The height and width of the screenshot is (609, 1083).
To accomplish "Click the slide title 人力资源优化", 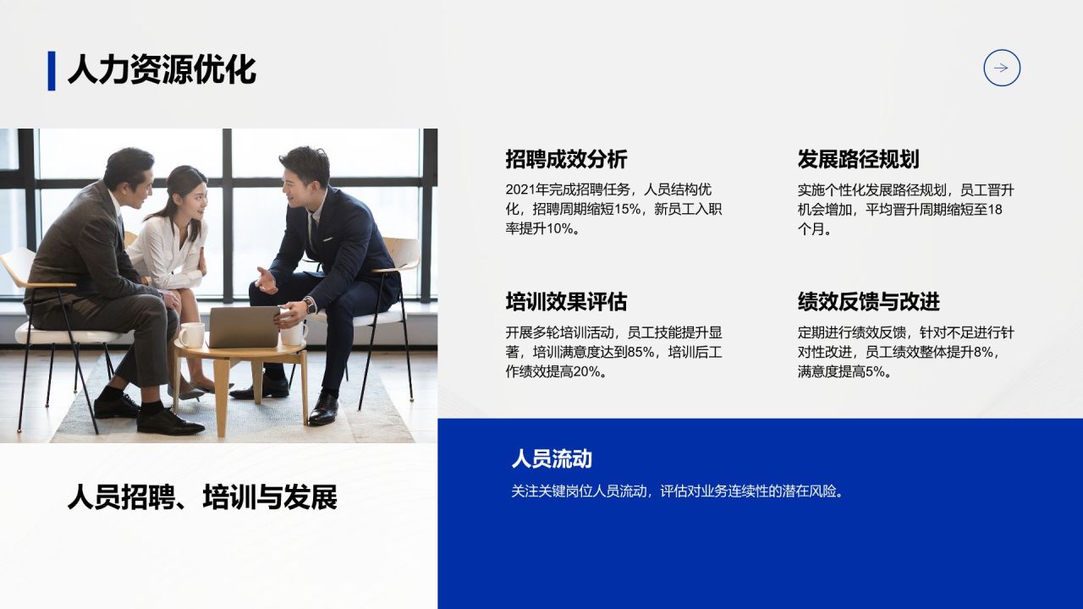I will coord(161,69).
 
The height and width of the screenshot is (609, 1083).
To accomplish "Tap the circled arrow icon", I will coord(1002,69).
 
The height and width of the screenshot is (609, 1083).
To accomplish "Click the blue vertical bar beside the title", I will coord(52,70).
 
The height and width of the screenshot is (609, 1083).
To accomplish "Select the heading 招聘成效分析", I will coord(566,159).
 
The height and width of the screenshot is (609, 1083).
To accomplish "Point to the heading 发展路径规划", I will coord(858,159).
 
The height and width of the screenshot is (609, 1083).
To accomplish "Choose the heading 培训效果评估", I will coord(566,302).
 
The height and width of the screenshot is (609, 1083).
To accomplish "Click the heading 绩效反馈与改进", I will coord(868,302).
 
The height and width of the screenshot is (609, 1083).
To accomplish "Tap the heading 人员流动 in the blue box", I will coord(552,459).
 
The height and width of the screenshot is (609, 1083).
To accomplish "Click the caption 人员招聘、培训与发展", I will coord(202,497).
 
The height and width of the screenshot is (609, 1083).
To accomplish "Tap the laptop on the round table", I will coord(244,326).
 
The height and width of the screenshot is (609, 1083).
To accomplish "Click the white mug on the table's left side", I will coord(191,335).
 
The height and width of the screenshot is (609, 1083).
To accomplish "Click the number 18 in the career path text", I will coord(994,209).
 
